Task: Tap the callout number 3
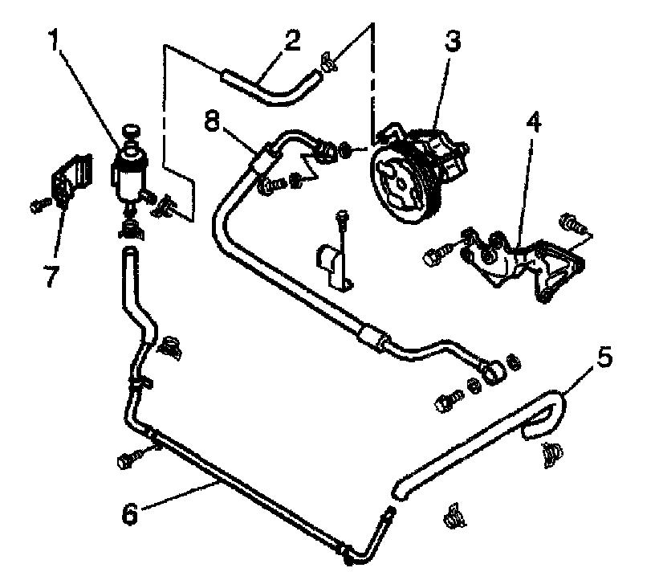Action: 452,43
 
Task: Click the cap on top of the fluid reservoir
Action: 129,132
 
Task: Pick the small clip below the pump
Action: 337,261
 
